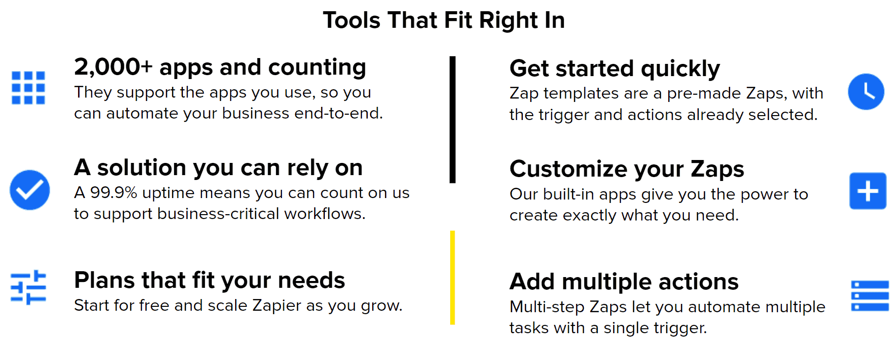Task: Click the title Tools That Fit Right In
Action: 444,20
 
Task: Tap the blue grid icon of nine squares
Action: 28,88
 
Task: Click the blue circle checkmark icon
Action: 30,190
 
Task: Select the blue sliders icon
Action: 28,287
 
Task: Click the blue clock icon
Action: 866,92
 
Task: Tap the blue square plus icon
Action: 868,191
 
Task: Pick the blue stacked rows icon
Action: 870,296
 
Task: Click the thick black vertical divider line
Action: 453,120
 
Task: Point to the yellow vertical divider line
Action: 453,278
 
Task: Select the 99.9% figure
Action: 114,193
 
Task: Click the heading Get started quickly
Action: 615,69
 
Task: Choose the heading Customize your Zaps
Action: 627,170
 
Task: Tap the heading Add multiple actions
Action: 624,282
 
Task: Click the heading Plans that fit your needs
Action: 209,281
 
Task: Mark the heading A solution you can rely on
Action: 218,168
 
